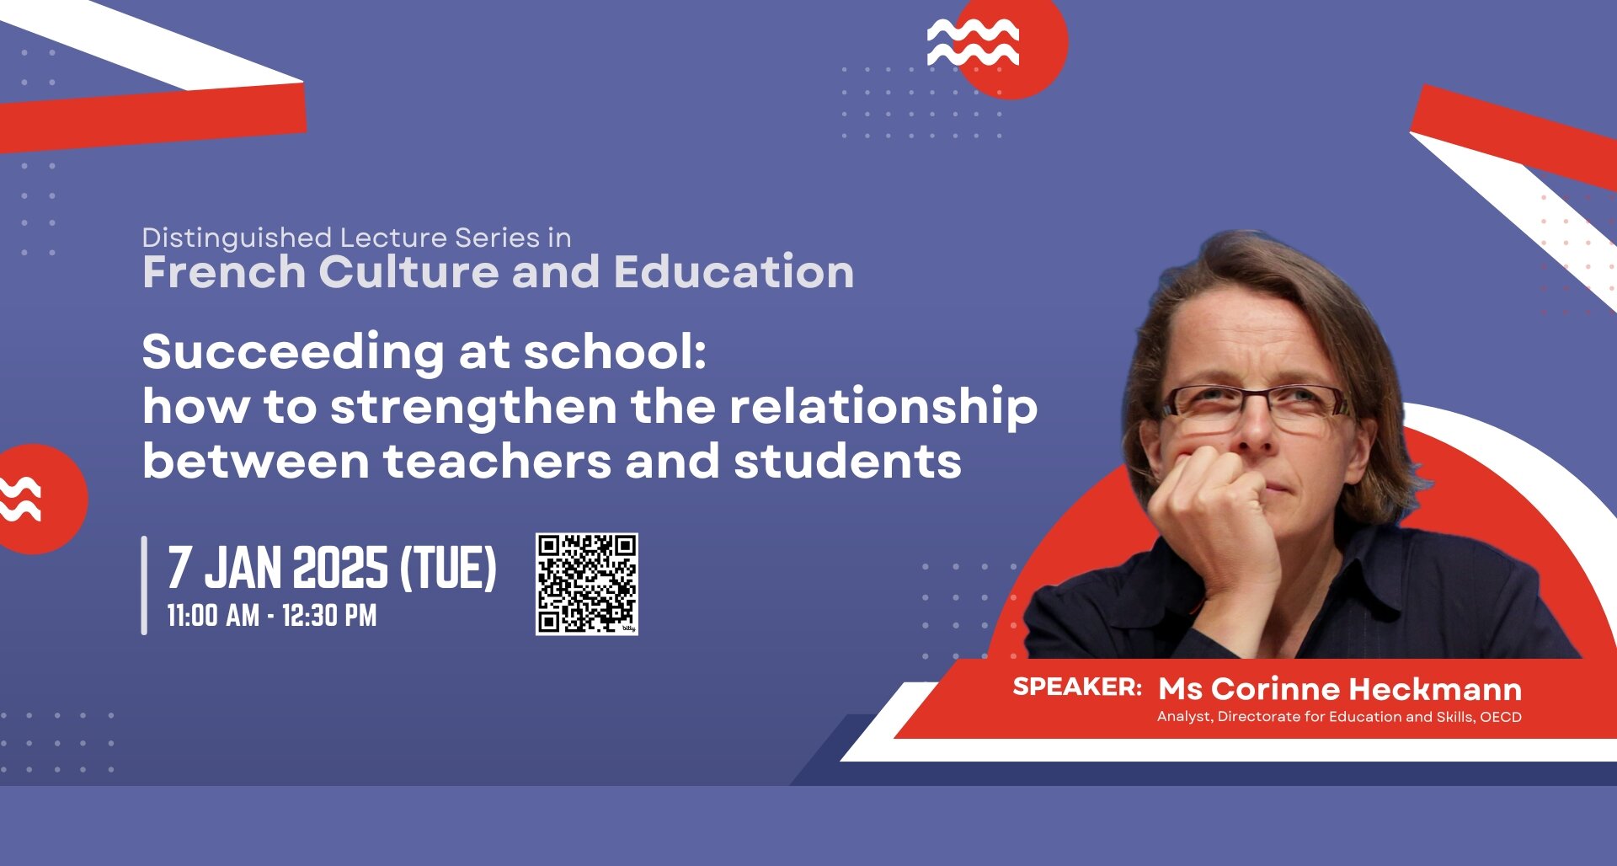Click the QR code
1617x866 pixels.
pos(586,584)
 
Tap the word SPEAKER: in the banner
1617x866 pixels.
pos(1077,687)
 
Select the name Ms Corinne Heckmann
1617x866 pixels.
pos(1340,689)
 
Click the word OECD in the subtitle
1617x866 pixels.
pos(1501,717)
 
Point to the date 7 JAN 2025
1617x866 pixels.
pos(278,568)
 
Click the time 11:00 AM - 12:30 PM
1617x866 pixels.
pos(271,616)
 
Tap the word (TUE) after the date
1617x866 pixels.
pos(448,568)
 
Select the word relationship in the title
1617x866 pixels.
pos(883,408)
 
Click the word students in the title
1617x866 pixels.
pos(847,462)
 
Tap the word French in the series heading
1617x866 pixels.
pos(224,272)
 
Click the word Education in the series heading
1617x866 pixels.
pos(734,272)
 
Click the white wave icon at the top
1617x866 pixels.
pos(973,42)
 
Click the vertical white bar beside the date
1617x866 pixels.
pos(144,585)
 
